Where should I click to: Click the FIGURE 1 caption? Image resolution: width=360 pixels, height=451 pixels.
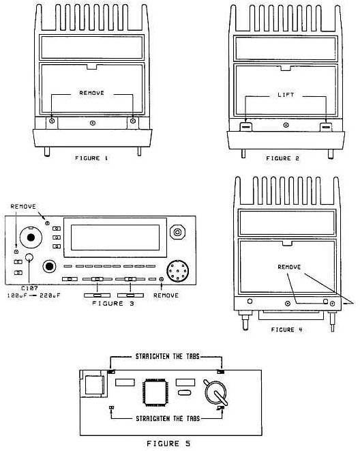[91, 158]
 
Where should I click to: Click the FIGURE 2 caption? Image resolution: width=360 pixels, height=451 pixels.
[283, 158]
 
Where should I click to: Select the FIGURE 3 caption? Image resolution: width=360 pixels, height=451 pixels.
[113, 304]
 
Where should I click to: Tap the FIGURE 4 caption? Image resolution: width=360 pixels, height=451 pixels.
[287, 330]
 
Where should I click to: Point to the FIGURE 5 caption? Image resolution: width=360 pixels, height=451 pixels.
[168, 443]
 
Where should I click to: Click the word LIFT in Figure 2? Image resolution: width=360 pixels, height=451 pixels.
[286, 95]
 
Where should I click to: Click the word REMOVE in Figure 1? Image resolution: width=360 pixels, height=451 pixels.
[91, 93]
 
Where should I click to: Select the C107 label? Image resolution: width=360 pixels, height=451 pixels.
[29, 288]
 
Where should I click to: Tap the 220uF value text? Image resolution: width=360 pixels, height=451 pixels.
[50, 295]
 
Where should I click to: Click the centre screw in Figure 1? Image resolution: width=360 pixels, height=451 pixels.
[93, 123]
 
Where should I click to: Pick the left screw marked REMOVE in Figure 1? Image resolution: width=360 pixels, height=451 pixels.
[52, 121]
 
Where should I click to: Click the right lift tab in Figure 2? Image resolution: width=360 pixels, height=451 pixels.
[326, 126]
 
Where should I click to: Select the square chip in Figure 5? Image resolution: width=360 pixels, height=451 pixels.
[155, 392]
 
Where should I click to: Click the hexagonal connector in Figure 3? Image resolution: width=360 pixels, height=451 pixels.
[177, 232]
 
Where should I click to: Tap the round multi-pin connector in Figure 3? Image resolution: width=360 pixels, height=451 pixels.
[178, 271]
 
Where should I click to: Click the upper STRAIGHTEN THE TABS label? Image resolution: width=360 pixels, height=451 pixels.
[168, 357]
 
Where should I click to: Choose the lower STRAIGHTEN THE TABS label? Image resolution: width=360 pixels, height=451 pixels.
[168, 418]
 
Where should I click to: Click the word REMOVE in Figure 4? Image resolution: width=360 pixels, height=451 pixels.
[289, 267]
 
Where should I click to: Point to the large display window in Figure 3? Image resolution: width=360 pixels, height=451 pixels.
[115, 237]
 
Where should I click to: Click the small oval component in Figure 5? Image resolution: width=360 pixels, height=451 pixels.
[184, 392]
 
